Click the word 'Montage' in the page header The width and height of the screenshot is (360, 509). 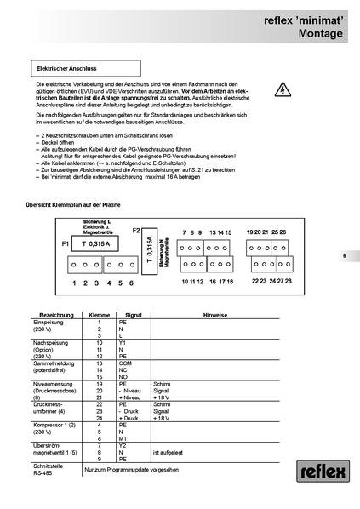[318, 33]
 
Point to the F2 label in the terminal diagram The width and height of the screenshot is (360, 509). [136, 230]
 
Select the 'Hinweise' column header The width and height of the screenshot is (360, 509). [214, 315]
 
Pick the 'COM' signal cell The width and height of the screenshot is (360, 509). [124, 362]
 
